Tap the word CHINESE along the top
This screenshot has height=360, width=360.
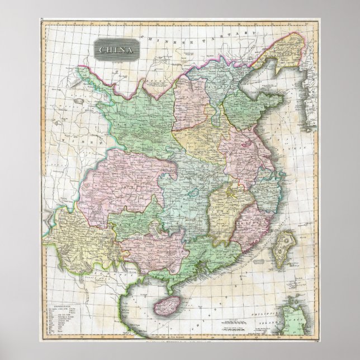coord(159,37)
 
